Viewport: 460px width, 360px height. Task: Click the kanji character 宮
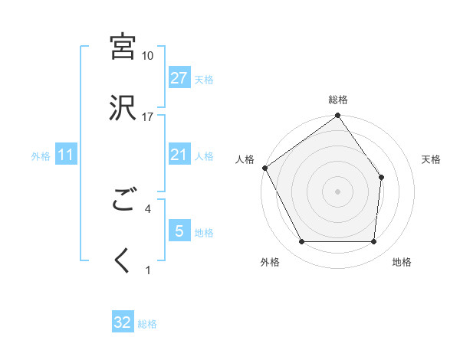tap(123, 47)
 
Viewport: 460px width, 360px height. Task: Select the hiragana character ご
tap(123, 201)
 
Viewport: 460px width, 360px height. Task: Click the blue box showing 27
tap(179, 77)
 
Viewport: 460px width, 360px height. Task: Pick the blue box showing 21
tap(179, 155)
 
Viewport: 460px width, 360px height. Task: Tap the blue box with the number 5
tap(179, 231)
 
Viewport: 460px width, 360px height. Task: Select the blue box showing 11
tap(66, 155)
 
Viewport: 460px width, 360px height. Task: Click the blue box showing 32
tap(123, 322)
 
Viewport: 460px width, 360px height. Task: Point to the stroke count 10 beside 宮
tap(148, 56)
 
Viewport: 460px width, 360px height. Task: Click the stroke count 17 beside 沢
tap(148, 117)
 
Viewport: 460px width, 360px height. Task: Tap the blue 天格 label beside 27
tap(204, 79)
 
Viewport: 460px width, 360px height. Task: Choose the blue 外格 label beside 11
tap(41, 155)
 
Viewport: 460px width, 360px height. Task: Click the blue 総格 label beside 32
tap(147, 324)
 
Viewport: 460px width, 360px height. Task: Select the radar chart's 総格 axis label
tap(338, 100)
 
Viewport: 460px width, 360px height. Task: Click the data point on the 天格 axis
tap(383, 177)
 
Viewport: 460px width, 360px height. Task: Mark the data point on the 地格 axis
tap(374, 242)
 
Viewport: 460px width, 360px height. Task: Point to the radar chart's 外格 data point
tap(301, 242)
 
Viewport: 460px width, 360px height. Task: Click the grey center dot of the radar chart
tap(338, 191)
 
